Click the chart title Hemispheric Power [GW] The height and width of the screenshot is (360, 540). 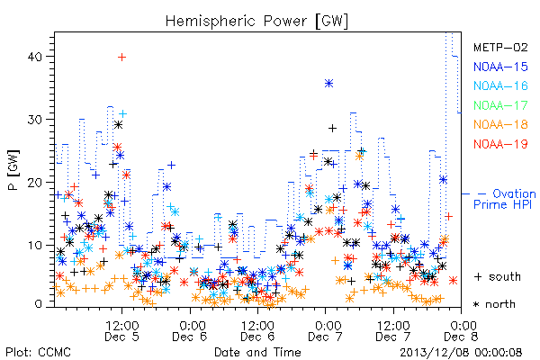click(x=256, y=22)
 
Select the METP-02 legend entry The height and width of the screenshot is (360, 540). click(x=500, y=47)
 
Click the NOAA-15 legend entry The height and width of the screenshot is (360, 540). click(x=500, y=67)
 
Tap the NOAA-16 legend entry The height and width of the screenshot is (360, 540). click(x=500, y=85)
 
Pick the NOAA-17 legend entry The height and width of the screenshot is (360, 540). click(x=500, y=105)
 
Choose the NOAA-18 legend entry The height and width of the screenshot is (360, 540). click(x=500, y=124)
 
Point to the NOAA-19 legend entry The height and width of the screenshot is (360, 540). click(x=500, y=144)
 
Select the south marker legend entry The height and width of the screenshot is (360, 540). click(x=498, y=276)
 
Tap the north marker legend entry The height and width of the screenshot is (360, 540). click(x=494, y=304)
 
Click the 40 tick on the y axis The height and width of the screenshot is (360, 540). click(x=35, y=57)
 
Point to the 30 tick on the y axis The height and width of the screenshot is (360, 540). click(x=35, y=120)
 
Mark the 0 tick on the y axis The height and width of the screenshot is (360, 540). click(x=39, y=304)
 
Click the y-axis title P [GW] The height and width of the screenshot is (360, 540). click(x=14, y=170)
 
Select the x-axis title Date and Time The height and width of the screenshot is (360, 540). click(x=257, y=353)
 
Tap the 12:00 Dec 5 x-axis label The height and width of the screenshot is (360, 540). click(x=121, y=331)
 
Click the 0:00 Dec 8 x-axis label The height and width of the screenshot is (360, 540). click(x=461, y=331)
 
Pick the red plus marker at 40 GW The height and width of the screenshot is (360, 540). click(x=121, y=58)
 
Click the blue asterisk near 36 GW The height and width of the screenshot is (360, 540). click(x=328, y=84)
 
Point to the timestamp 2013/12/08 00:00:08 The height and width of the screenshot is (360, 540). click(x=461, y=353)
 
